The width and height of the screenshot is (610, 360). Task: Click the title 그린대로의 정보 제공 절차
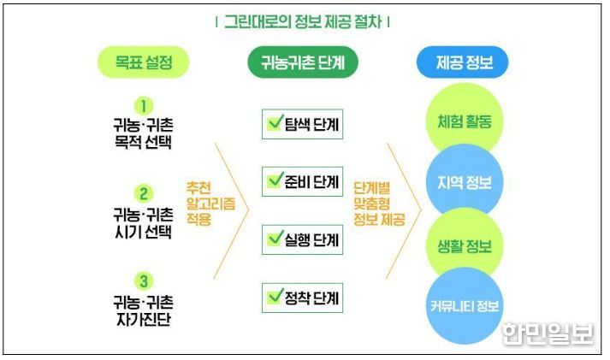(x=303, y=21)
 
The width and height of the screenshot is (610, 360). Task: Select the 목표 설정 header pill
(x=143, y=62)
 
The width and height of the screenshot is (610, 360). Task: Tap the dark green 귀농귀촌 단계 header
(x=303, y=62)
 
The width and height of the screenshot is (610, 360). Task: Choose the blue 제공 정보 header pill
(x=463, y=62)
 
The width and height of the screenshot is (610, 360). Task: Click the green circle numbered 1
(x=144, y=106)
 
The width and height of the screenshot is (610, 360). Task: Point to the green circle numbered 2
(x=144, y=193)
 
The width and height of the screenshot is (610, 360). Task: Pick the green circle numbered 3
(x=144, y=281)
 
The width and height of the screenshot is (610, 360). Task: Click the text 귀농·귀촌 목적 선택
(x=143, y=133)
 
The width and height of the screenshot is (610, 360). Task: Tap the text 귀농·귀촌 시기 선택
(x=143, y=223)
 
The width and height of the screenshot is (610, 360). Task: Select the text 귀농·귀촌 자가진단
(x=143, y=310)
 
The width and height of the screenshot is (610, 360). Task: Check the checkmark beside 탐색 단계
(x=275, y=122)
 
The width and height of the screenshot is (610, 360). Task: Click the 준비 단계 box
(x=302, y=181)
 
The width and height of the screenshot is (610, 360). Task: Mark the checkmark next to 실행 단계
(x=275, y=238)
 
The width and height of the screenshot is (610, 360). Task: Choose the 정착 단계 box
(x=302, y=298)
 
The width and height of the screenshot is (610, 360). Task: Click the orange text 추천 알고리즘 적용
(x=210, y=204)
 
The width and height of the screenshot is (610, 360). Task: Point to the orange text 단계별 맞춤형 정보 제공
(x=379, y=204)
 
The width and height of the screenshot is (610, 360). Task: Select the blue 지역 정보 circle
(x=465, y=183)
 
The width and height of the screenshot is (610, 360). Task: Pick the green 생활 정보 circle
(x=465, y=245)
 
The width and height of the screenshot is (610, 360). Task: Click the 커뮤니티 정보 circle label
(x=465, y=306)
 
